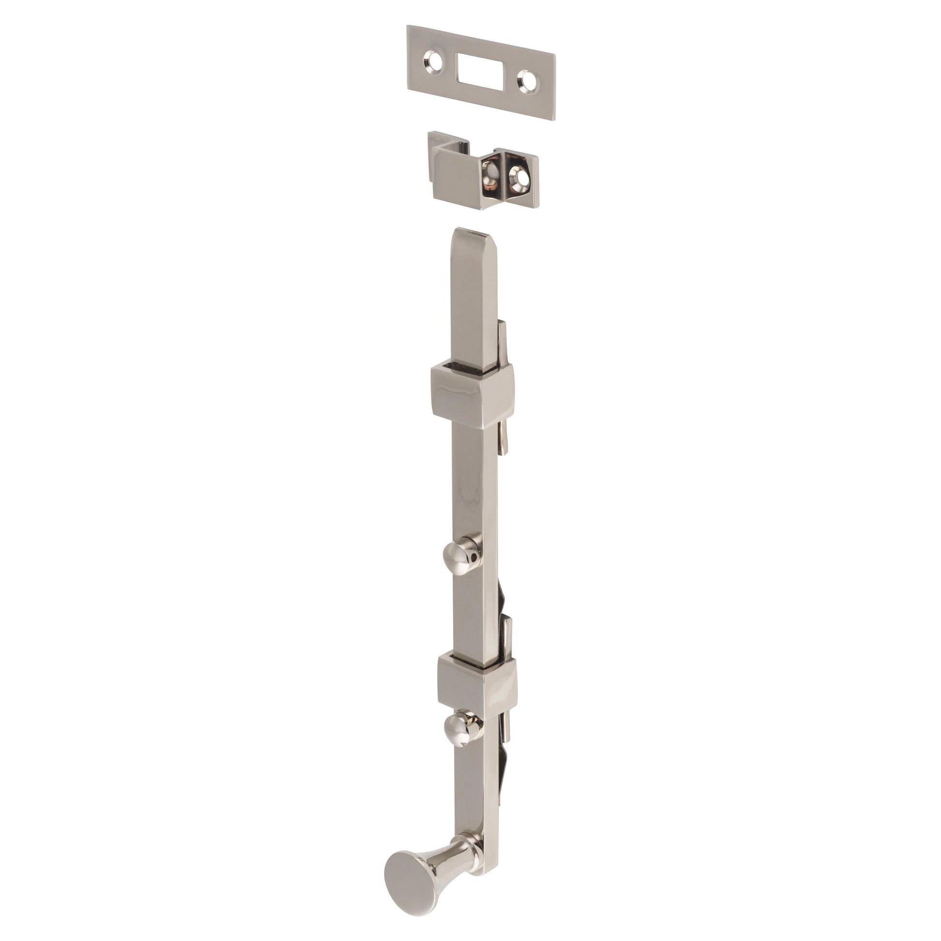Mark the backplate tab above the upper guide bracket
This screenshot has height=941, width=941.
[503, 341]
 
